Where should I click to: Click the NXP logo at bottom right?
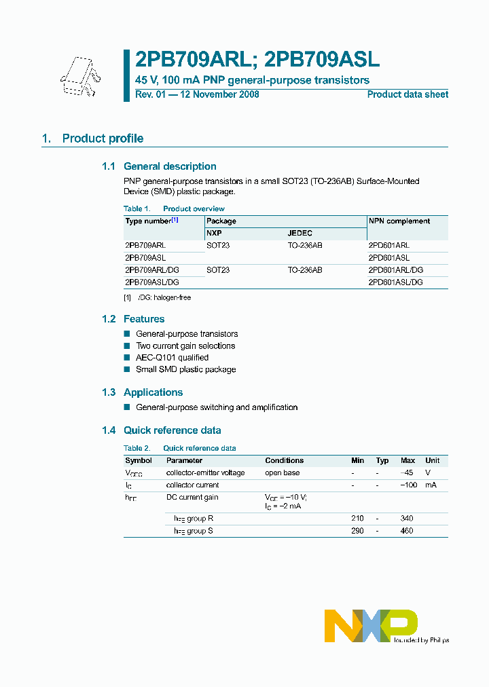371,625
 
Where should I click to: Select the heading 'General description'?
170,166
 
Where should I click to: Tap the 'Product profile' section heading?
103,138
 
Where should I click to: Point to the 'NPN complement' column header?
399,221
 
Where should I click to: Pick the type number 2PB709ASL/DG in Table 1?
152,282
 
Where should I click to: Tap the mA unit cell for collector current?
431,485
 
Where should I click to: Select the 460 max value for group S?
407,531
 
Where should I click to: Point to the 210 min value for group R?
357,519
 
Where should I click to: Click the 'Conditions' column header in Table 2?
284,460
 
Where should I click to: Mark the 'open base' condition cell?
282,473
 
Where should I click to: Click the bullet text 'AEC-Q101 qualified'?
172,358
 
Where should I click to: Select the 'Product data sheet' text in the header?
407,95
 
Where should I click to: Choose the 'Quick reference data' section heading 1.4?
172,430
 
